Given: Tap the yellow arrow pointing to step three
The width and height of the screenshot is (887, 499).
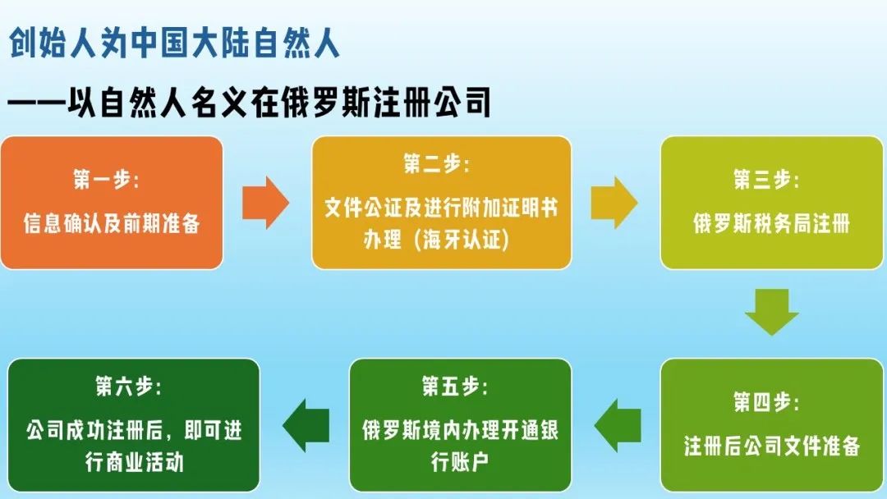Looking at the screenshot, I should pyautogui.click(x=614, y=202).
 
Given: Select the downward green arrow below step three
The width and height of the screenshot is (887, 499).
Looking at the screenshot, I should pyautogui.click(x=771, y=311).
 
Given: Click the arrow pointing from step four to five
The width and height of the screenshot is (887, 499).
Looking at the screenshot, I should pyautogui.click(x=618, y=427).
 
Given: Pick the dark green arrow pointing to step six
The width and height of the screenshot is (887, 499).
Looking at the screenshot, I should pyautogui.click(x=306, y=427).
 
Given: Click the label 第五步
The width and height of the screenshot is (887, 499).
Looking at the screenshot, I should pyautogui.click(x=455, y=386).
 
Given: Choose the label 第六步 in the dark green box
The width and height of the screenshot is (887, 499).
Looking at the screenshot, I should pyautogui.click(x=128, y=386).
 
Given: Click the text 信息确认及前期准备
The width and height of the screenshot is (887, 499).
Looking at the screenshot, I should pyautogui.click(x=112, y=223).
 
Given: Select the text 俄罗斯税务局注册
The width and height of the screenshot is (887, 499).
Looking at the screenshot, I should pyautogui.click(x=771, y=223).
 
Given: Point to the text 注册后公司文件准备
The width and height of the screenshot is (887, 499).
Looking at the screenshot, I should pyautogui.click(x=771, y=446).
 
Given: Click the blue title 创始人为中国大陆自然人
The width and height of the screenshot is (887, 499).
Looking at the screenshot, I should pyautogui.click(x=174, y=43).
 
